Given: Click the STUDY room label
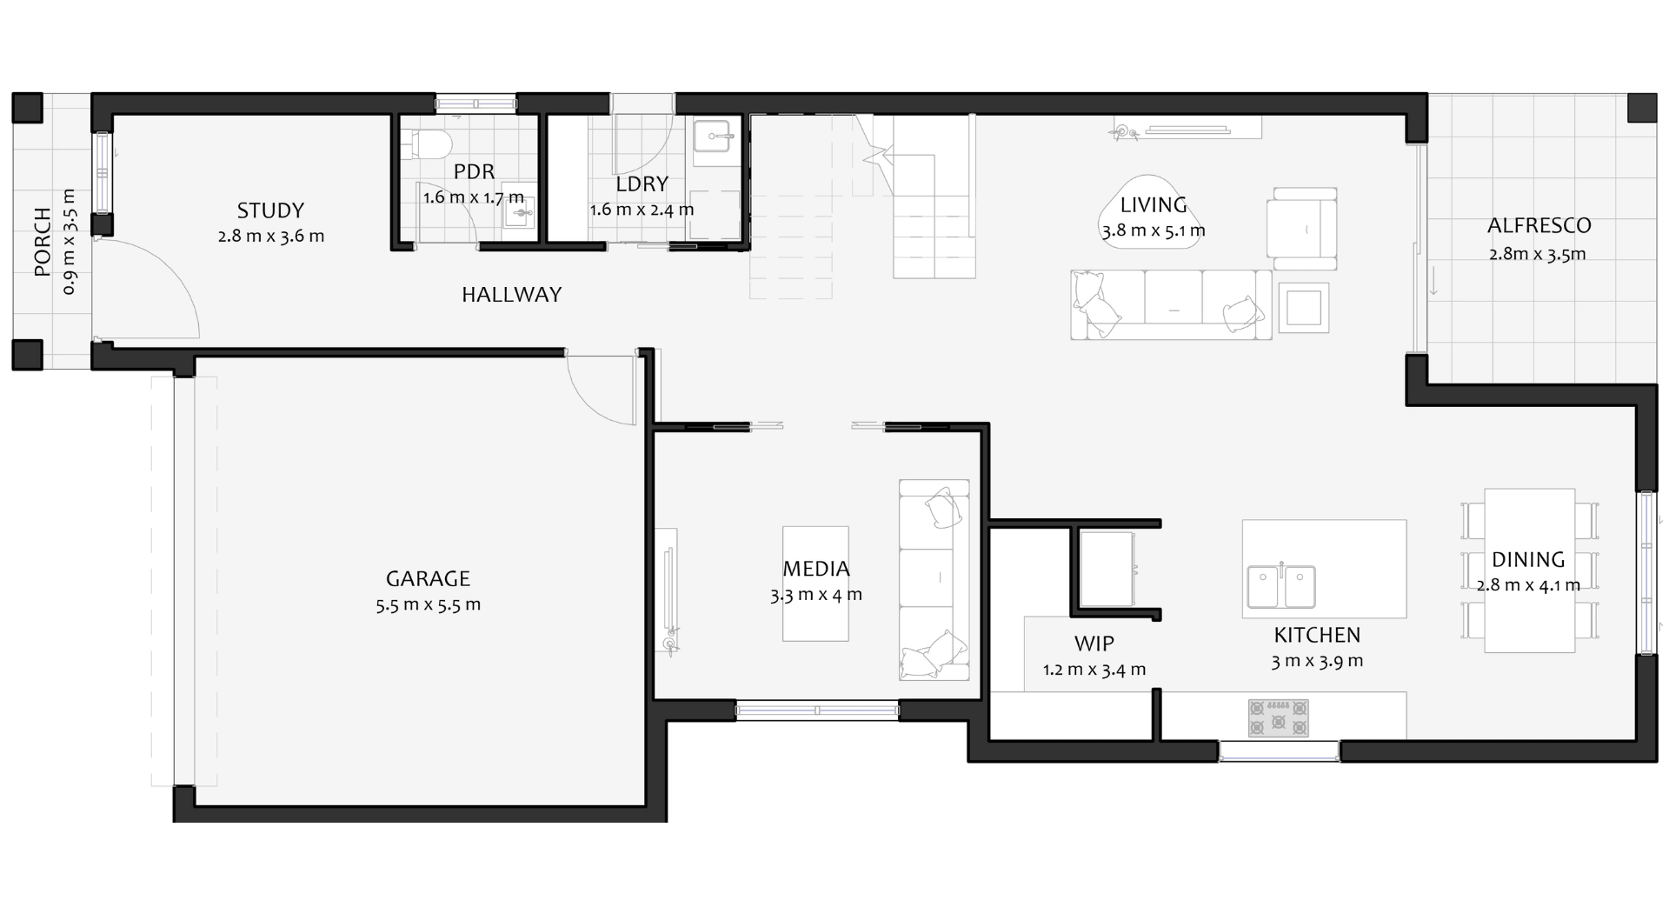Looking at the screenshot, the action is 270,210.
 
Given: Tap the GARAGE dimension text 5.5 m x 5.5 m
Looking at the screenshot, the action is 428,604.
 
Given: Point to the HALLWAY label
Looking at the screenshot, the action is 511,295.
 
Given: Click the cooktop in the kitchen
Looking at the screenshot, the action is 1278,718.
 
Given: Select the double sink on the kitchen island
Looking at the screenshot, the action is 1281,587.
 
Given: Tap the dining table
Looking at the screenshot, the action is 1529,570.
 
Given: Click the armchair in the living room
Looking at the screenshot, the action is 1301,229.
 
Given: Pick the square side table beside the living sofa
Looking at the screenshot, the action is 1303,308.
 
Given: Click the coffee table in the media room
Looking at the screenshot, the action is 815,584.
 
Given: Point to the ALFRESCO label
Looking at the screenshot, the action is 1539,226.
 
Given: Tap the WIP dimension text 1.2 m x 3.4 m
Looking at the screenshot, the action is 1094,670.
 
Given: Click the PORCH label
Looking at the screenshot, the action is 43,244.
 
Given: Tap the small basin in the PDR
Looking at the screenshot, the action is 520,212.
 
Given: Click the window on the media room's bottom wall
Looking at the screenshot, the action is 817,711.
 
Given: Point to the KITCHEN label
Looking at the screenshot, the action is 1317,635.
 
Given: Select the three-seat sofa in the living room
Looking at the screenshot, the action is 1171,304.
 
